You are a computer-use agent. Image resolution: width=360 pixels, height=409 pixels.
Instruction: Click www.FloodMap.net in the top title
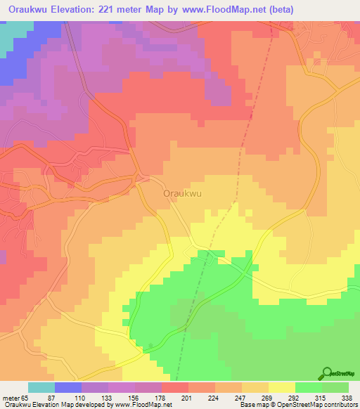pos(221,9)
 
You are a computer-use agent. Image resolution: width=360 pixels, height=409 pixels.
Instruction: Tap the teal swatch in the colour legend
pos(41,387)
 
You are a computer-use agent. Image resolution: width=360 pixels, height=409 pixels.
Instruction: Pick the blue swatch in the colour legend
pos(67,387)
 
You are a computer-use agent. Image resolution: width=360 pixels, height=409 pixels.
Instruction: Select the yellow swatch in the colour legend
pos(281,387)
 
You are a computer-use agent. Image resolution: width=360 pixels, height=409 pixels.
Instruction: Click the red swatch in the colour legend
pos(174,387)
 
